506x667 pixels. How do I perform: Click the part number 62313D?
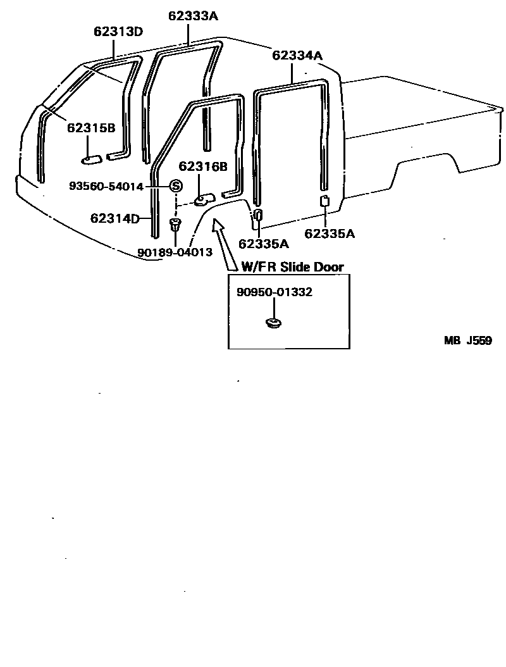[118, 31]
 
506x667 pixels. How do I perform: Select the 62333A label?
[193, 16]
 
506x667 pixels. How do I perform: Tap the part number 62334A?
[297, 55]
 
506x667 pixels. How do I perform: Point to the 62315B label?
[91, 128]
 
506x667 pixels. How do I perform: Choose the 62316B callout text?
[202, 166]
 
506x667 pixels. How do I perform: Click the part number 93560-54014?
[106, 186]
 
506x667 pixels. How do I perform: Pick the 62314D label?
[114, 219]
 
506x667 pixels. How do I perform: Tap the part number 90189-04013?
[174, 252]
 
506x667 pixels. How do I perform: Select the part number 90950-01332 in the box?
[275, 292]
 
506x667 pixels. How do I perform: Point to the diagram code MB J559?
[467, 340]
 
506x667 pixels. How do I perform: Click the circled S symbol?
[175, 186]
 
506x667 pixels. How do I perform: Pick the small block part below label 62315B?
[93, 156]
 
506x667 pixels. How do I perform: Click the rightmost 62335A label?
[330, 234]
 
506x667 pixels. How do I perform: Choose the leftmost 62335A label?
[264, 243]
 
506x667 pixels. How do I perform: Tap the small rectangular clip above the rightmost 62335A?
[323, 201]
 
